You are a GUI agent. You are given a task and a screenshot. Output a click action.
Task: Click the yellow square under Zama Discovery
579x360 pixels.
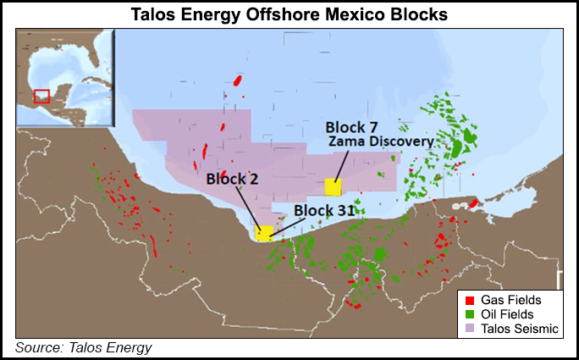tap(334, 186)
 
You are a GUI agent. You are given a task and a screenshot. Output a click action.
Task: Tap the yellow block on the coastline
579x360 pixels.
tap(265, 232)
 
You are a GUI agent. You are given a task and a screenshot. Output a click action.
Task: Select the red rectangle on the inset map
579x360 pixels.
tap(41, 97)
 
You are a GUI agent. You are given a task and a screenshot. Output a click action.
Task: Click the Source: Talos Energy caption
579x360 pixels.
tap(84, 347)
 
